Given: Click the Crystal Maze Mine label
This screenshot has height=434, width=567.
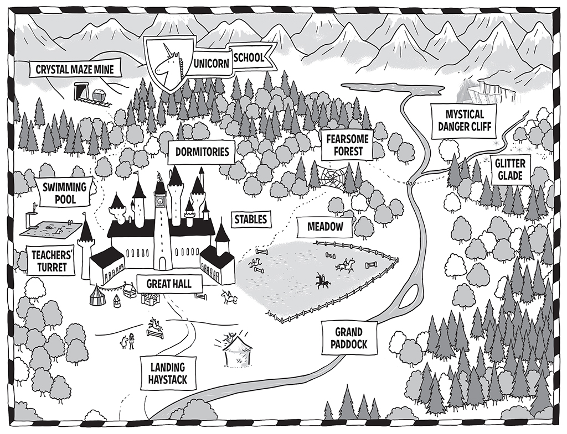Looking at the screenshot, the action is [x=75, y=69].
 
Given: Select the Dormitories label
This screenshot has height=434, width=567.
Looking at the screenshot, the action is [x=202, y=151].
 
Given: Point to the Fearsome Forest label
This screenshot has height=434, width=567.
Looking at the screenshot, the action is [x=348, y=145].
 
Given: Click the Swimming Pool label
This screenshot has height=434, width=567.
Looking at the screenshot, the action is [x=65, y=192].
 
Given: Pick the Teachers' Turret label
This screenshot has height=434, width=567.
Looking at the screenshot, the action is [x=49, y=262].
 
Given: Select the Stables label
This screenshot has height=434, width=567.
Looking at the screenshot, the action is [x=251, y=219].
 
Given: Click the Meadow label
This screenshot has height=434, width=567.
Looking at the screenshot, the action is [x=325, y=227].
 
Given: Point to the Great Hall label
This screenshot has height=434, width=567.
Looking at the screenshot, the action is [x=169, y=284].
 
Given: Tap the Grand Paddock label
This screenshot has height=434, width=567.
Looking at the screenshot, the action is [x=349, y=338].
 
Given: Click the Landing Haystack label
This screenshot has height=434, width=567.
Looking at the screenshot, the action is [x=168, y=373].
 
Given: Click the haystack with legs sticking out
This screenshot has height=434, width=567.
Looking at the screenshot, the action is [x=236, y=348].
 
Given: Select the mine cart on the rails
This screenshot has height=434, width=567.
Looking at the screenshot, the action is [x=100, y=95].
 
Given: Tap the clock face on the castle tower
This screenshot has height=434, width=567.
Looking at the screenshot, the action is [x=159, y=201].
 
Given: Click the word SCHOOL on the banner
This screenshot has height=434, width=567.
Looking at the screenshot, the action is [x=249, y=57].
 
